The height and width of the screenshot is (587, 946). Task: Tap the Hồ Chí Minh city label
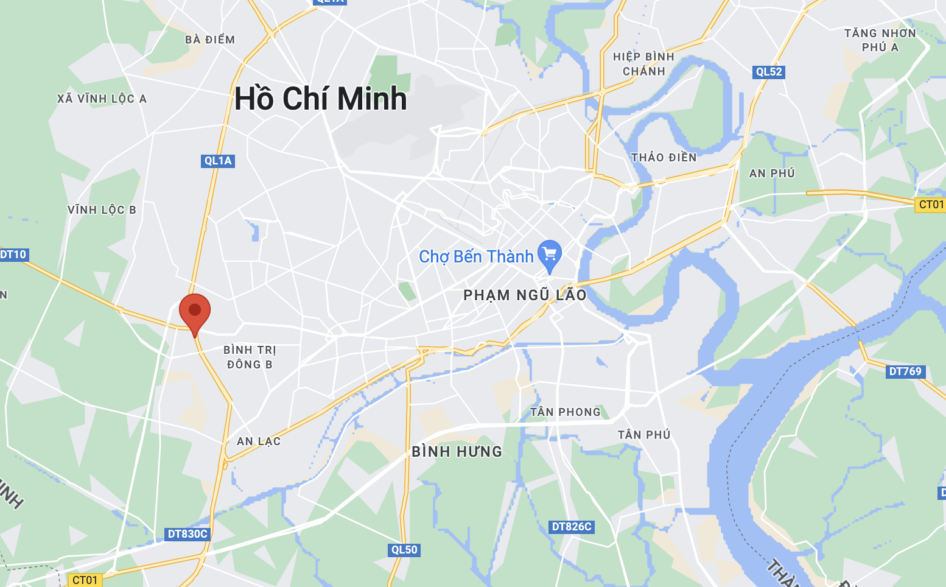320,98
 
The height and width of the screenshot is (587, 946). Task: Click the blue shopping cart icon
550,255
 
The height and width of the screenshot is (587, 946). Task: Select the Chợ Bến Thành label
476,256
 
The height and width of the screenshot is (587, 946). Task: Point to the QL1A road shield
218,161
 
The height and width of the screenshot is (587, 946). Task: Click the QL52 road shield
768,72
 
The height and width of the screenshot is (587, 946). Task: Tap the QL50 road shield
404,550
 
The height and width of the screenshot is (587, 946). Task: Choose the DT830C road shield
187,534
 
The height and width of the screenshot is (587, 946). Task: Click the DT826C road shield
571,527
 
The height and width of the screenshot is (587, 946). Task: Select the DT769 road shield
905,371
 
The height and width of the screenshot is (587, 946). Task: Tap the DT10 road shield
13,255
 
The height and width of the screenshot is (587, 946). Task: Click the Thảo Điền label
664,158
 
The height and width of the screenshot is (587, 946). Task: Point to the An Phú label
772,174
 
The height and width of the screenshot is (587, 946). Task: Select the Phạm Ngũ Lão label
525,295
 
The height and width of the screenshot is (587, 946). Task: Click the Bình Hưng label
457,451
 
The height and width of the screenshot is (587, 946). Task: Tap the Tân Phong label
566,412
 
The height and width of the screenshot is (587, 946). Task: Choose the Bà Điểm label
210,40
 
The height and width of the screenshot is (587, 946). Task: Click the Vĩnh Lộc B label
102,210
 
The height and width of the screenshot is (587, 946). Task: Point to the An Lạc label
259,441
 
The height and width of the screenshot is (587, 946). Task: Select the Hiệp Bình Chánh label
643,64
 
